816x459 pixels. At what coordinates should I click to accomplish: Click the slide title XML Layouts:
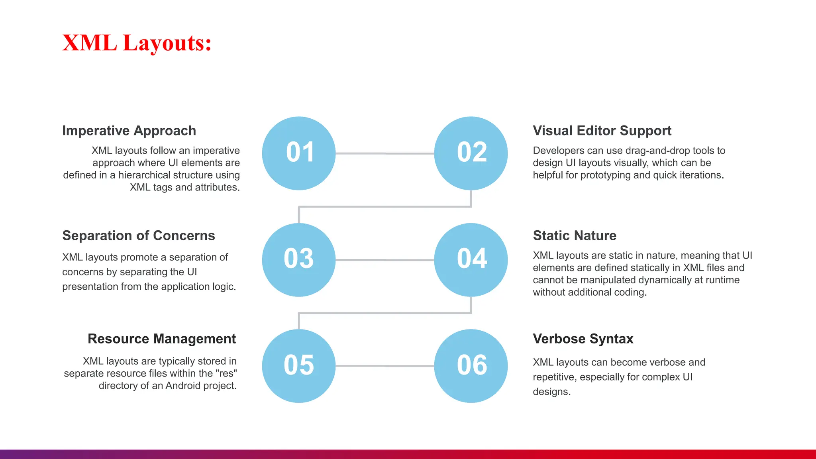137,43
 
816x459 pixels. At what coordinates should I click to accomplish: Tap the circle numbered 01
299,153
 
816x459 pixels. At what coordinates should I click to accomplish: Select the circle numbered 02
471,153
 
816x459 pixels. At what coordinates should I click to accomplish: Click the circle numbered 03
299,260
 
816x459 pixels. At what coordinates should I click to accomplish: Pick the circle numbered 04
471,260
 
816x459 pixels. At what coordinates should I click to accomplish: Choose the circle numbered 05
299,366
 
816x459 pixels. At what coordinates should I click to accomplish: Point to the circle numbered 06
471,366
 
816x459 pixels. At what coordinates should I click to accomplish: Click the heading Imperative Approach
129,131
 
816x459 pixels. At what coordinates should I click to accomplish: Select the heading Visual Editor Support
602,131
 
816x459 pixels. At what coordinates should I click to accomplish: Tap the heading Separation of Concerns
138,235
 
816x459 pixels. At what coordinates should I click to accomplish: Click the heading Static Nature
574,235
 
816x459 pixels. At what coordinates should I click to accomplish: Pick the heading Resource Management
162,339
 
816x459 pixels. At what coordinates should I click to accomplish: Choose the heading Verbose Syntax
583,339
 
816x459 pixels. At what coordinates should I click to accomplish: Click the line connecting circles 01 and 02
384,153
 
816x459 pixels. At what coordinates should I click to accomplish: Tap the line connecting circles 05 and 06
384,366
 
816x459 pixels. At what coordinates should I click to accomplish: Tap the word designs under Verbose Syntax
551,392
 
